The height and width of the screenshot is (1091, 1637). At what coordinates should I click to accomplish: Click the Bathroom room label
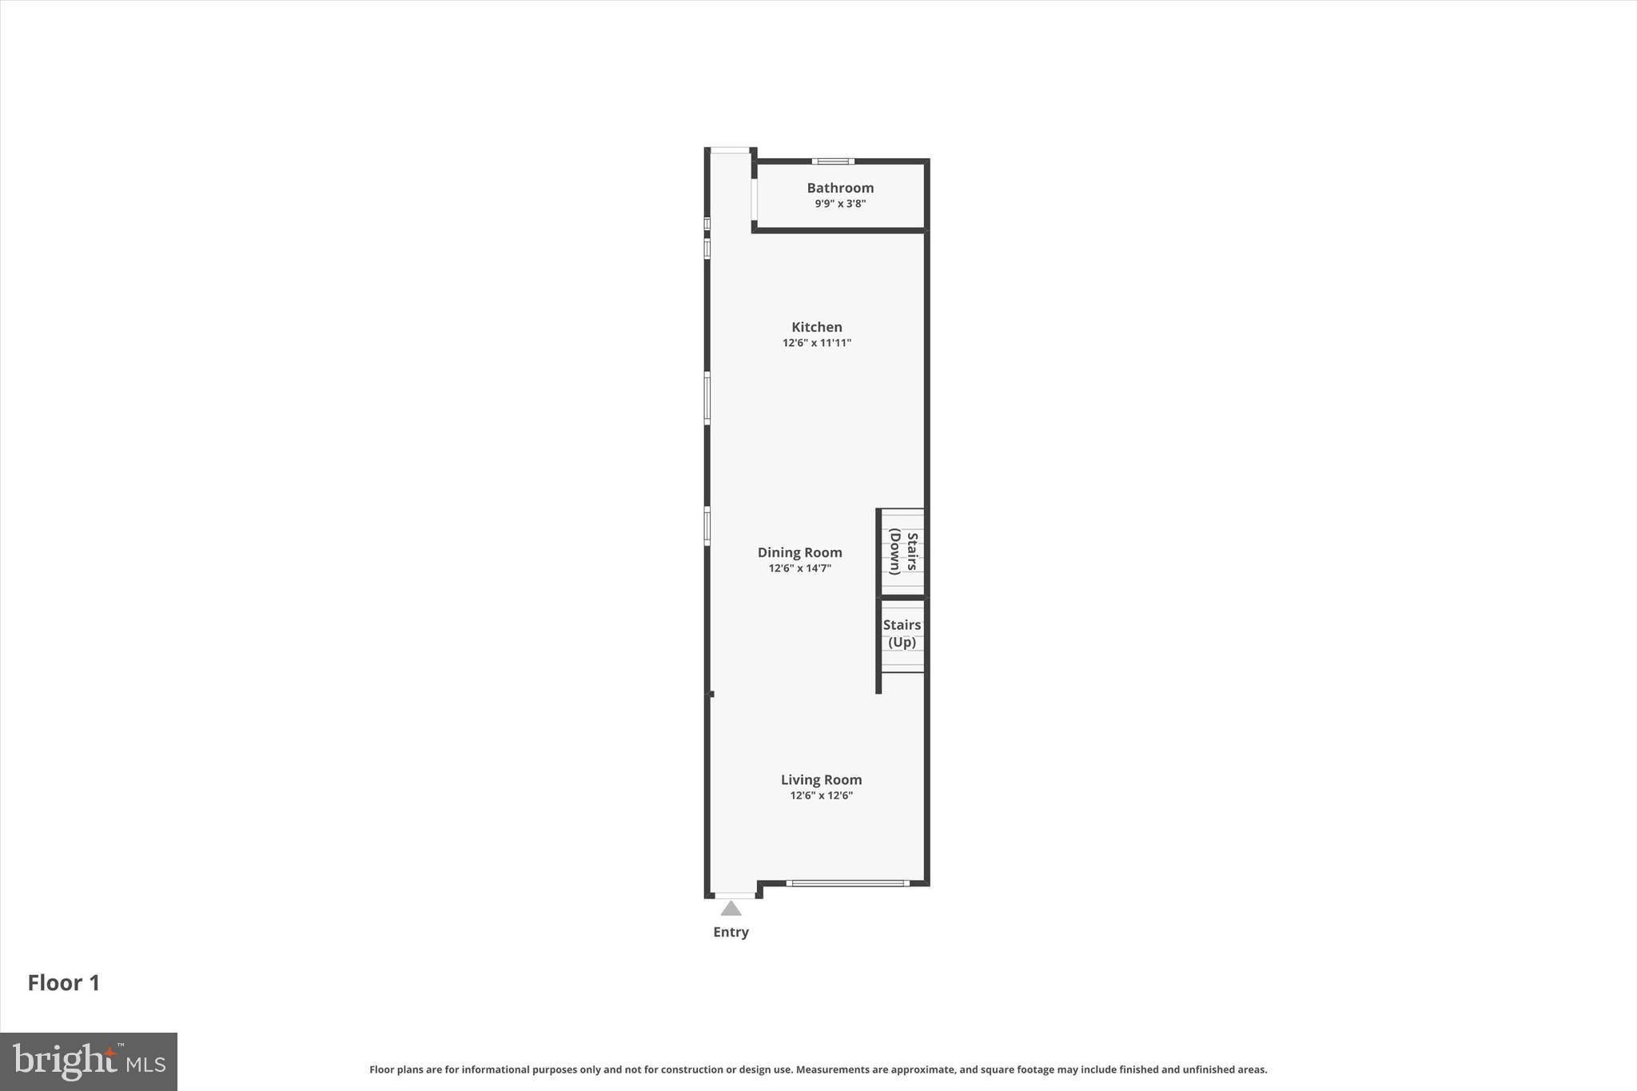tap(840, 188)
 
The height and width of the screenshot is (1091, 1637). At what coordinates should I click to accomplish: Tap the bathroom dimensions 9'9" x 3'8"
tap(840, 204)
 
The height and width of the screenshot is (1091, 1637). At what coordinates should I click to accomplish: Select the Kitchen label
tap(816, 327)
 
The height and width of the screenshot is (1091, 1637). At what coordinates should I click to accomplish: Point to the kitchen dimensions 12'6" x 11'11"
tap(816, 343)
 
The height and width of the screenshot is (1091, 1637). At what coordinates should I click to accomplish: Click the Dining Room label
tap(799, 552)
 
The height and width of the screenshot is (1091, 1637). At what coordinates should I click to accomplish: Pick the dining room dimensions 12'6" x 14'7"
tap(799, 568)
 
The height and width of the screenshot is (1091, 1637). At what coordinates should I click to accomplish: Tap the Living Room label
tap(821, 779)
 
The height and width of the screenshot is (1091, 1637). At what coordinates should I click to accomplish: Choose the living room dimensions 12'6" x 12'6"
tap(821, 795)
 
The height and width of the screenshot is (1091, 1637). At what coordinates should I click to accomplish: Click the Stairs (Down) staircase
tap(902, 552)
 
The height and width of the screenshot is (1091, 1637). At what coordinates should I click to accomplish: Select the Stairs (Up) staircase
tap(902, 634)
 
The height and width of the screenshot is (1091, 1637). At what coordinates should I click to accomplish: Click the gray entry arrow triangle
tap(731, 909)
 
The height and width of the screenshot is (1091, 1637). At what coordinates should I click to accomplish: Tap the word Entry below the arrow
tap(731, 932)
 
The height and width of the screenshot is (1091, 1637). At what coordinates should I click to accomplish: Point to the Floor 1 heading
tap(64, 983)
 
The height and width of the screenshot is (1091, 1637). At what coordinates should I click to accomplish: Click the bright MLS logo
tap(89, 1061)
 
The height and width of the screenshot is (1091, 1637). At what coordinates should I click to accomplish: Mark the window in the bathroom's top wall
tap(833, 161)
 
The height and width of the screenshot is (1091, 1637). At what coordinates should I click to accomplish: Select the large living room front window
tap(847, 883)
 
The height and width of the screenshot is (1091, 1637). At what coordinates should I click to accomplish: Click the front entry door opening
tap(734, 895)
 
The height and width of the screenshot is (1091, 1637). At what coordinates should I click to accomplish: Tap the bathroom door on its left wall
tap(754, 199)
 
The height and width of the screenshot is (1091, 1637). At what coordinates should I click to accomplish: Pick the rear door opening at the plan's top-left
tap(730, 150)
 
